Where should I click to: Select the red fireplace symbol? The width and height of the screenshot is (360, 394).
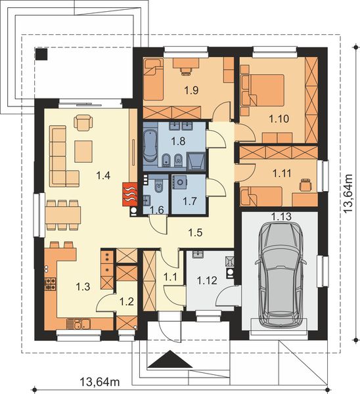click(129, 194)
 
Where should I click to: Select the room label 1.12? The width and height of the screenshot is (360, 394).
click(208, 281)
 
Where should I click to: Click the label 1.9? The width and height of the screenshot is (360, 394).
click(191, 91)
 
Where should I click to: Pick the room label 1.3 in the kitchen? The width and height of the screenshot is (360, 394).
click(83, 287)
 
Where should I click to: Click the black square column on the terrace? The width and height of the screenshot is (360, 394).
click(43, 55)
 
